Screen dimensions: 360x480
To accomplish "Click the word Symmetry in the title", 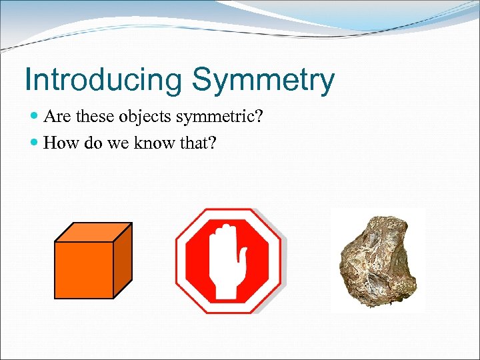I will point(263,81).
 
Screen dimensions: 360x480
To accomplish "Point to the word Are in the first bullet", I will point(56,117).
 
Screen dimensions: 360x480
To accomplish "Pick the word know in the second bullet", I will point(156,143).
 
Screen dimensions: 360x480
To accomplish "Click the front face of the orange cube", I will point(83,269).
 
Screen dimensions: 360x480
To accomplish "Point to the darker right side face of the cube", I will point(123,260).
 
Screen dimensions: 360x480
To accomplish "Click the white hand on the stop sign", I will point(227,263).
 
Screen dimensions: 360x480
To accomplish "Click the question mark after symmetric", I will point(259,117).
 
